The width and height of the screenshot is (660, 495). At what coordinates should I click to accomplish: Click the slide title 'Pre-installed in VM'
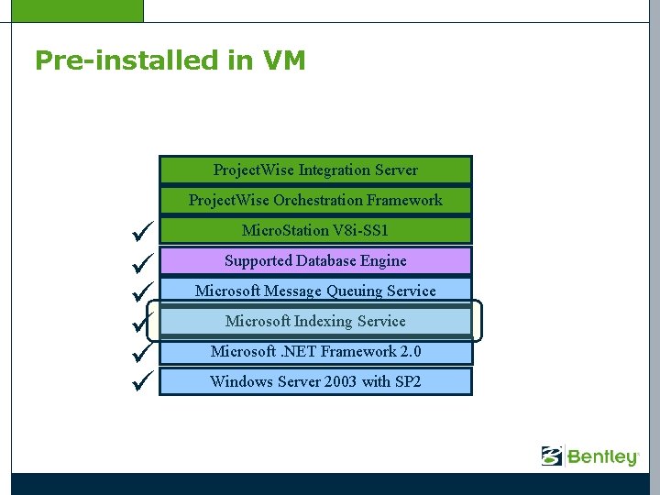tap(170, 60)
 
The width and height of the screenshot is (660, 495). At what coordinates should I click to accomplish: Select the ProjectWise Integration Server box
tap(315, 170)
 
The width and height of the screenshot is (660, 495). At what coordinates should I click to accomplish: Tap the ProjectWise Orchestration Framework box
tap(315, 200)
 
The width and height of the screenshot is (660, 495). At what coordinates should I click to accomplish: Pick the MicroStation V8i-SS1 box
tap(315, 230)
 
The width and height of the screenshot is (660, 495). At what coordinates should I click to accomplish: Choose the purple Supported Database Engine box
tap(315, 260)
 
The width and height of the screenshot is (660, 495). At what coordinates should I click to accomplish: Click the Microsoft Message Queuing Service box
tap(315, 291)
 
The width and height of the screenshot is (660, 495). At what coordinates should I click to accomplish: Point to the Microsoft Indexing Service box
tap(315, 321)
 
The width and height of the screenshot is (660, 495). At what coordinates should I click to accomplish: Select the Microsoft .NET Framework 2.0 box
tap(315, 351)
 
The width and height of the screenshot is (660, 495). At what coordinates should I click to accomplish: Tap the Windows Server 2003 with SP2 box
tap(315, 381)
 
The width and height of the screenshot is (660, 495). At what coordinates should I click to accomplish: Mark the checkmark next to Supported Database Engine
tap(139, 261)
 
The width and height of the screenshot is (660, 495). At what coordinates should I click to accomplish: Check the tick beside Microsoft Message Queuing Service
tap(139, 291)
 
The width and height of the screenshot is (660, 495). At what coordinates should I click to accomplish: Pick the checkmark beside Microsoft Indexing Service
tap(139, 322)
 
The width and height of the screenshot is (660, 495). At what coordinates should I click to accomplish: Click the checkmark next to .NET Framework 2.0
tap(139, 352)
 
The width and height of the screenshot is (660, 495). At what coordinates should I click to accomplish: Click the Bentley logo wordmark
tap(602, 456)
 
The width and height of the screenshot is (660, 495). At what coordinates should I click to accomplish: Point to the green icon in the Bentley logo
tap(552, 456)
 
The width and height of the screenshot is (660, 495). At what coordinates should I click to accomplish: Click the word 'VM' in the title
tap(283, 60)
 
